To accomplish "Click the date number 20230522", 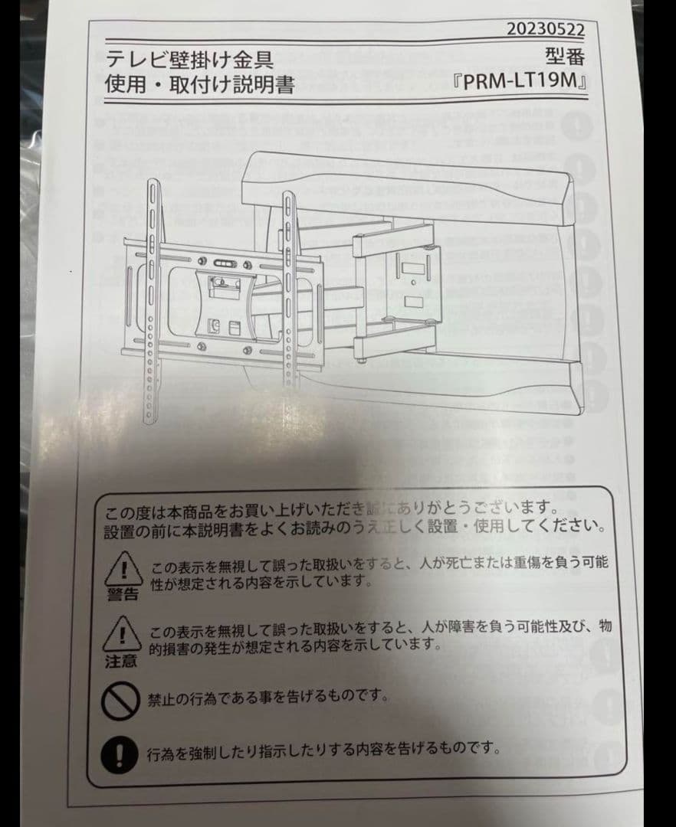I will (x=546, y=30).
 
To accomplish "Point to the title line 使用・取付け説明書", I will (x=200, y=84).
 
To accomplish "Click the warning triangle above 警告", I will (x=120, y=569).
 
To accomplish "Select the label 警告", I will (x=121, y=595).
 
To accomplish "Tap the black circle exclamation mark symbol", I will (x=120, y=753).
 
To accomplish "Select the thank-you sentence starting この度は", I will (x=330, y=508).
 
